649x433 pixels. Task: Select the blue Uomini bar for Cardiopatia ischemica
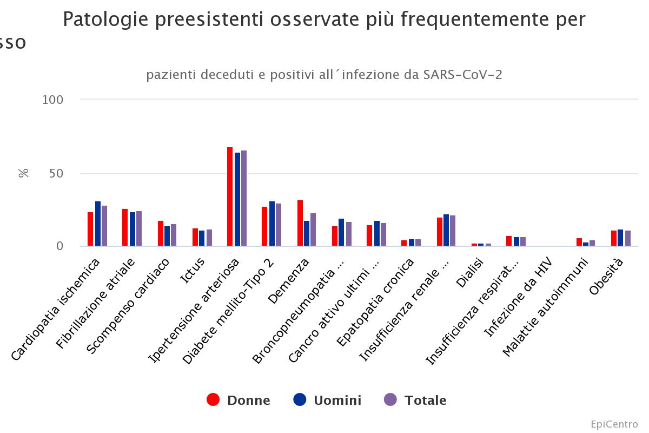pyautogui.click(x=98, y=224)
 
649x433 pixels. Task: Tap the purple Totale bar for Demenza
pyautogui.click(x=313, y=229)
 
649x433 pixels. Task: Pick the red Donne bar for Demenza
pyautogui.click(x=300, y=223)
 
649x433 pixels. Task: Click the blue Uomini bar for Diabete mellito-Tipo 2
pyautogui.click(x=272, y=224)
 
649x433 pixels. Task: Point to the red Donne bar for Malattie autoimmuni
pyautogui.click(x=579, y=242)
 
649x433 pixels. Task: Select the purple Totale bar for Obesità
pyautogui.click(x=628, y=238)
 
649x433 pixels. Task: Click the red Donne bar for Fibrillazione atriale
pyautogui.click(x=125, y=227)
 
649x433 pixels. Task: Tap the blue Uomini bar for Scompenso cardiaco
pyautogui.click(x=167, y=236)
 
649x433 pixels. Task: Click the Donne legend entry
pyautogui.click(x=239, y=400)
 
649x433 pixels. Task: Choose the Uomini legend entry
pyautogui.click(x=327, y=400)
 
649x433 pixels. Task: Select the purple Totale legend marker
pyautogui.click(x=390, y=400)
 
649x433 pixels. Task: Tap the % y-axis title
pyautogui.click(x=24, y=173)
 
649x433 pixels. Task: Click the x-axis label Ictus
pyautogui.click(x=193, y=270)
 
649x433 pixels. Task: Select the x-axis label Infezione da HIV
pyautogui.click(x=518, y=298)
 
